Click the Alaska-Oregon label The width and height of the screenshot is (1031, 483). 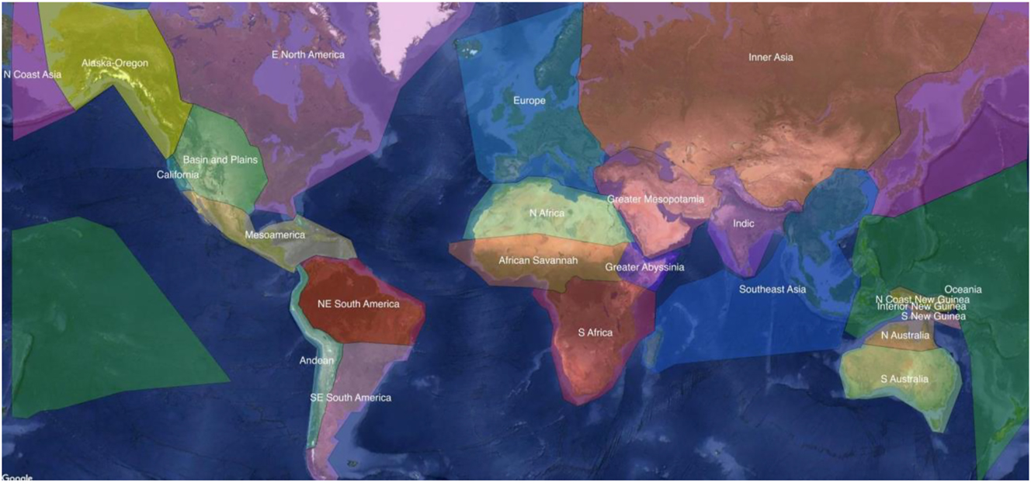[115, 63]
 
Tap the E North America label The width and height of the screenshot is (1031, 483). [308, 54]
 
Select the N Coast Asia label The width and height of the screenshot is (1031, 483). [33, 75]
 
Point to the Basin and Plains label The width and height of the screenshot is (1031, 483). [220, 160]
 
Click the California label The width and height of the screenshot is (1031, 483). [178, 175]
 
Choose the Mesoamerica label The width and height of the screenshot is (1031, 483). [275, 235]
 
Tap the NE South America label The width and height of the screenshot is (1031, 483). [359, 304]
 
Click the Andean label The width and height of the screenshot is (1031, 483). [317, 360]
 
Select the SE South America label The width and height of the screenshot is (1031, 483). [351, 398]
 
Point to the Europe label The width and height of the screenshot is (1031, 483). [529, 101]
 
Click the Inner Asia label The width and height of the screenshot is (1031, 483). [771, 57]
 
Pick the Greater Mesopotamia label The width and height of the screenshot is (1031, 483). [655, 200]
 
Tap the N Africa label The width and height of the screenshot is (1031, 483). [547, 213]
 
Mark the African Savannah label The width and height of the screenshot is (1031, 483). [539, 261]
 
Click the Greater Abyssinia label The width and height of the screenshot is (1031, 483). [644, 267]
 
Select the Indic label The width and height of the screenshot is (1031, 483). [744, 224]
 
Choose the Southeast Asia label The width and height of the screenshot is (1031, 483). [772, 290]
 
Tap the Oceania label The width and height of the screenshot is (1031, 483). [963, 290]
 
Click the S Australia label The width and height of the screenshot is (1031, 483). [904, 379]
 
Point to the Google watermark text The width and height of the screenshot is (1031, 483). [17, 478]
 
